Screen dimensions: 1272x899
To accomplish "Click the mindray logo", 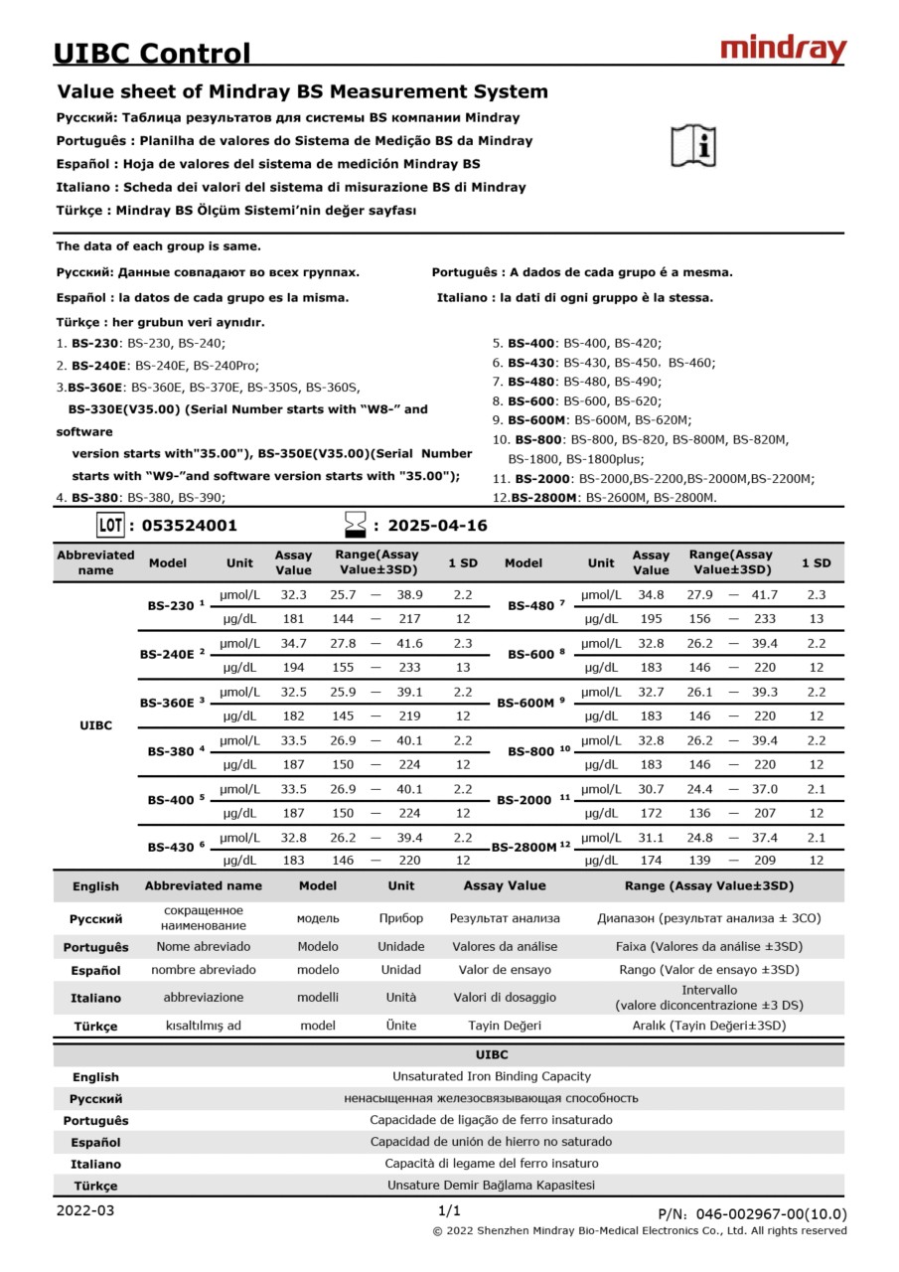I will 782,49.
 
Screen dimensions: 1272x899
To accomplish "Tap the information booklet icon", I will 693,146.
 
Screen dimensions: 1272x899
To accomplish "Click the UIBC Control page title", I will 152,53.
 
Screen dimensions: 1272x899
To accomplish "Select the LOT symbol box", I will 110,525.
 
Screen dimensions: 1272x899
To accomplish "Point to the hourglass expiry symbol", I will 355,525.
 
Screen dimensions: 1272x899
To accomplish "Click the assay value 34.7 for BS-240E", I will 293,644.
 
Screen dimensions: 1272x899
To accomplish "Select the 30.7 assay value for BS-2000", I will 651,789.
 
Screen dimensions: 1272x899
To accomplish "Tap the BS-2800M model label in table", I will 525,848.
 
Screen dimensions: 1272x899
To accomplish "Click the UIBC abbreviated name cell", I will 95,725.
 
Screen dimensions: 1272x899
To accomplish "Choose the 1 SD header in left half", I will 463,562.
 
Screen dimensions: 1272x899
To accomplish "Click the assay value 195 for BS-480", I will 651,619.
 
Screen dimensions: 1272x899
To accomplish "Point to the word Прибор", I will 400,918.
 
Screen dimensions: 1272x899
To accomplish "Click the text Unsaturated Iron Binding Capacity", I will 491,1076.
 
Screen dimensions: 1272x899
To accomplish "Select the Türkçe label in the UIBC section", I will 95,1186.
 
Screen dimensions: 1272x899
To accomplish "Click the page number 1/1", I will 449,1210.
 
